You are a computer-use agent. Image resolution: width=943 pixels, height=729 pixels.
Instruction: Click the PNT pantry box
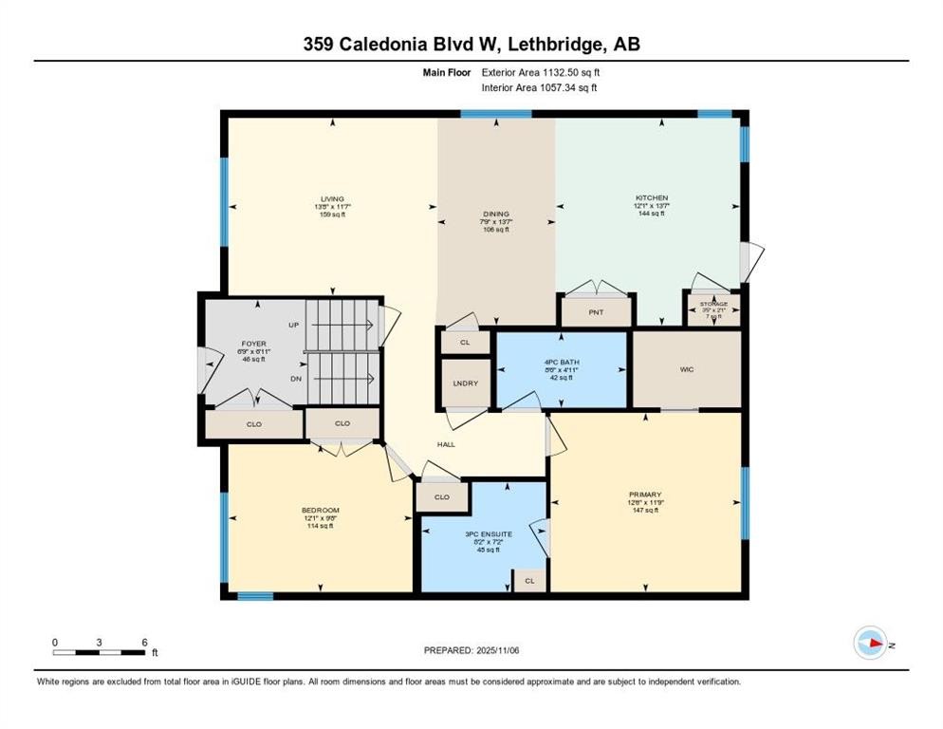(x=596, y=311)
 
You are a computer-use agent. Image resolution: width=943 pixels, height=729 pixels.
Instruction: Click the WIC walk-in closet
(x=686, y=369)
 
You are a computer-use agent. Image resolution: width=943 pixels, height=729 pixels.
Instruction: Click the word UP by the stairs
(x=294, y=325)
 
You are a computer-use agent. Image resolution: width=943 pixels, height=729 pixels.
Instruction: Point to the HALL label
(x=446, y=443)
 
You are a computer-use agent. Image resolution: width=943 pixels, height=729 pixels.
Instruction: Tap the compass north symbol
(x=870, y=643)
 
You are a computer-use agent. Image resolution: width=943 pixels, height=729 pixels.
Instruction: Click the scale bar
(x=99, y=651)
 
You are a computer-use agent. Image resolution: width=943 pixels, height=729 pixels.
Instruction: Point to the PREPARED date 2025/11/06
(x=472, y=650)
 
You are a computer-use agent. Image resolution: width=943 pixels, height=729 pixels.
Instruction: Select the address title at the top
(x=471, y=45)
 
